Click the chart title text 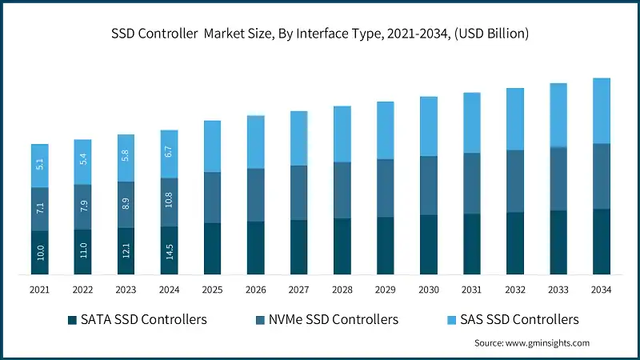pyautogui.click(x=320, y=34)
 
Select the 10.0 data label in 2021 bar pyautogui.click(x=40, y=254)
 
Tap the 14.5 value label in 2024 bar pyautogui.click(x=170, y=252)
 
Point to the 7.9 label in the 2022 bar pyautogui.click(x=83, y=207)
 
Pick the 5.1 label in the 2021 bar pyautogui.click(x=40, y=166)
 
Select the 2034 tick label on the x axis pyautogui.click(x=601, y=289)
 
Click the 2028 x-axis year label pyautogui.click(x=342, y=289)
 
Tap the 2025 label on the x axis pyautogui.click(x=212, y=289)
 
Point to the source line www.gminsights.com pyautogui.click(x=531, y=342)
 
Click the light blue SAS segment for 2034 pyautogui.click(x=601, y=110)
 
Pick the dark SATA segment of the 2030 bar pyautogui.click(x=428, y=245)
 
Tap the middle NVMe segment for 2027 pyautogui.click(x=298, y=193)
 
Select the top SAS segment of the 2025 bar pyautogui.click(x=212, y=146)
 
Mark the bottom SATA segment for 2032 pyautogui.click(x=514, y=243)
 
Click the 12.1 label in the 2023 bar pyautogui.click(x=126, y=251)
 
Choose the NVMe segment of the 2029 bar pyautogui.click(x=385, y=188)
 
